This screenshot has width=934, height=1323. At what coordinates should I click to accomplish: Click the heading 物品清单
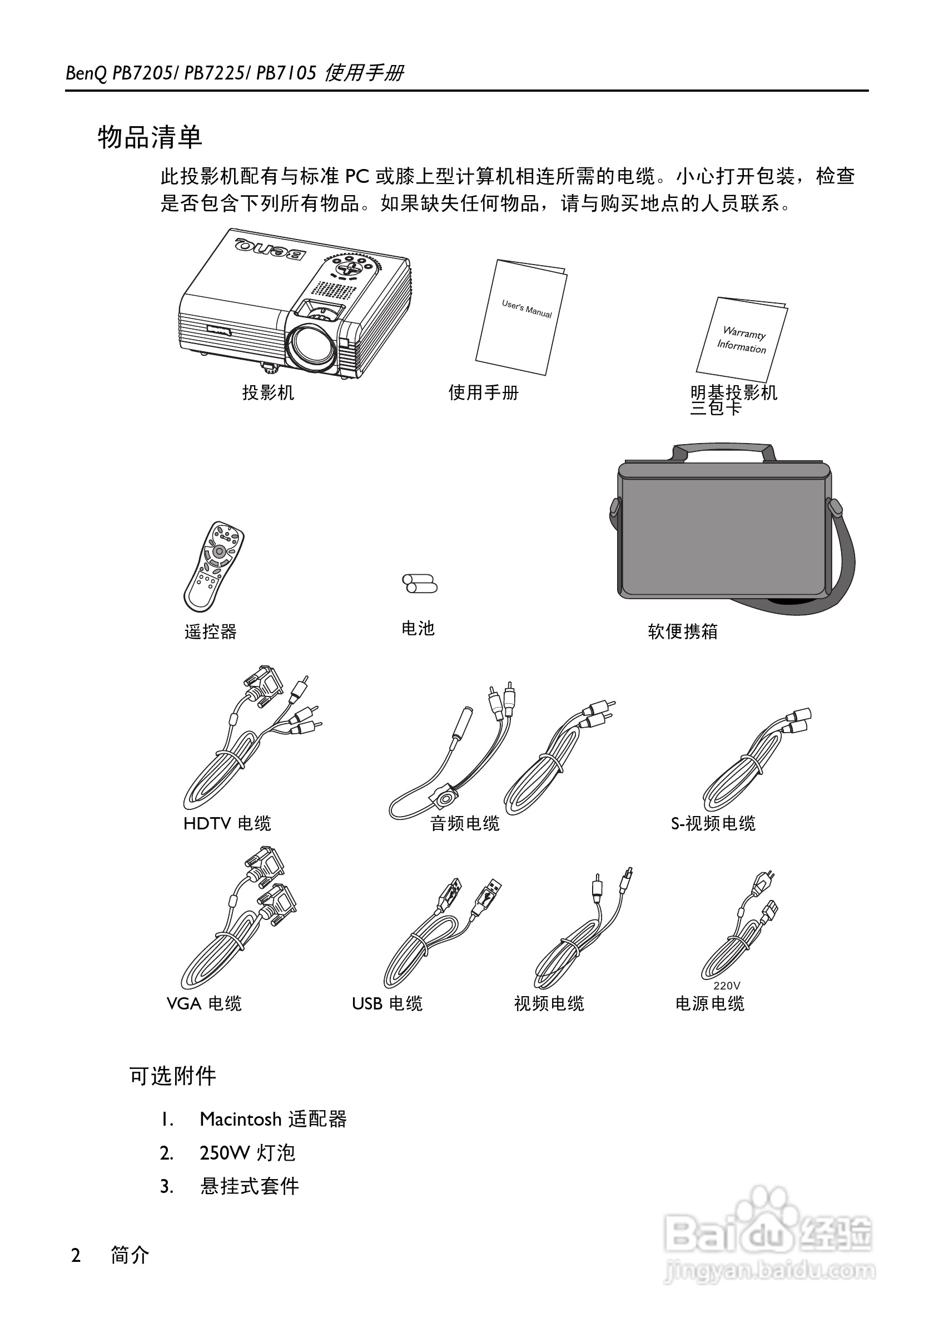pyautogui.click(x=150, y=137)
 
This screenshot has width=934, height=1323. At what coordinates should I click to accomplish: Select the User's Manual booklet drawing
pyautogui.click(x=521, y=316)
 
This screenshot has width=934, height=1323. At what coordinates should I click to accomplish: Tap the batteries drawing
pyautogui.click(x=419, y=583)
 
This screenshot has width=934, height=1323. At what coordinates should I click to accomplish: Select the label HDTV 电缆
pyautogui.click(x=227, y=823)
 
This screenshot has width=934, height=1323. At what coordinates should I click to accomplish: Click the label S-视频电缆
pyautogui.click(x=713, y=823)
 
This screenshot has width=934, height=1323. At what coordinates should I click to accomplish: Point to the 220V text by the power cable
pyautogui.click(x=727, y=986)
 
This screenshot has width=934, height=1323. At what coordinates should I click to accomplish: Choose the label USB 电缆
pyautogui.click(x=387, y=1004)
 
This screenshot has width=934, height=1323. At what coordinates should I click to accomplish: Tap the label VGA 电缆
pyautogui.click(x=204, y=1004)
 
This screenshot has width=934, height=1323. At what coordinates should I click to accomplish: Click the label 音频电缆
pyautogui.click(x=465, y=823)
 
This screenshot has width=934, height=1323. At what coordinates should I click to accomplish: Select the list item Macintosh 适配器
pyautogui.click(x=273, y=1119)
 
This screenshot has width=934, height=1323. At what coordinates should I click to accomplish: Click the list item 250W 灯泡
pyautogui.click(x=247, y=1152)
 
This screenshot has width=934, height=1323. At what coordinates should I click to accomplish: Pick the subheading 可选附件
pyautogui.click(x=173, y=1076)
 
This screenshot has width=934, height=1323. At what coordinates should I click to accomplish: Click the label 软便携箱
pyautogui.click(x=683, y=631)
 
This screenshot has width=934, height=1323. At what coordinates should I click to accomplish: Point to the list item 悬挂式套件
pyautogui.click(x=250, y=1186)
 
